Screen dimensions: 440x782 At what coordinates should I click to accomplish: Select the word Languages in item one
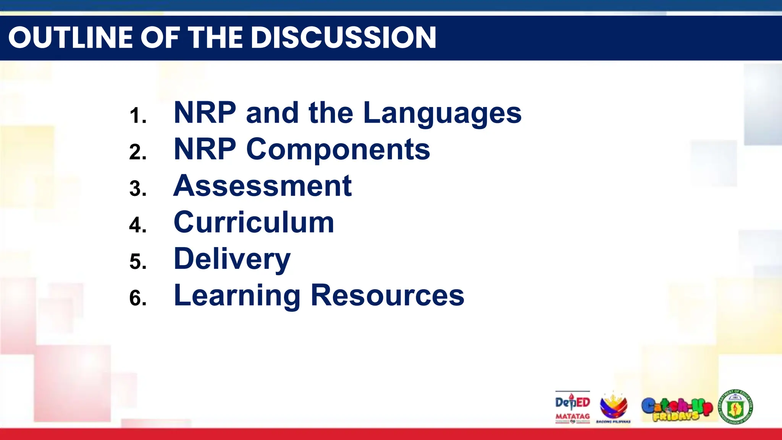click(442, 113)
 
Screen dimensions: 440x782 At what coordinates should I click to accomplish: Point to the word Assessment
click(262, 186)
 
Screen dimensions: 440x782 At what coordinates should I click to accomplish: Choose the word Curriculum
click(254, 222)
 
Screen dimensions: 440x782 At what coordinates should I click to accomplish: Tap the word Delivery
click(232, 259)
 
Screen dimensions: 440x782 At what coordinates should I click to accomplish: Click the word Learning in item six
click(237, 296)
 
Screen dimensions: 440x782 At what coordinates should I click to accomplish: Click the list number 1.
click(137, 116)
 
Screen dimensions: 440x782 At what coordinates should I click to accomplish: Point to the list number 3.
click(137, 189)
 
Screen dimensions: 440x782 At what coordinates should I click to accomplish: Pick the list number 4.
click(137, 225)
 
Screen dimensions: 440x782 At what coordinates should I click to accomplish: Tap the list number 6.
click(137, 298)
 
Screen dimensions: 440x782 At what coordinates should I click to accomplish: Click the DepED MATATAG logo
click(572, 407)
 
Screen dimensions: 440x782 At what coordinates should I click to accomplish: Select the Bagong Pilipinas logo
click(613, 407)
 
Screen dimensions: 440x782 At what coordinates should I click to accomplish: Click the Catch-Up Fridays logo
click(677, 408)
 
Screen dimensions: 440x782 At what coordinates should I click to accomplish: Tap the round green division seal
click(736, 407)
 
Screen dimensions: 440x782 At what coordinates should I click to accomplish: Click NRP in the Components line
click(205, 149)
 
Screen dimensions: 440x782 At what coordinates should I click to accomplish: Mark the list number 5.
click(137, 262)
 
